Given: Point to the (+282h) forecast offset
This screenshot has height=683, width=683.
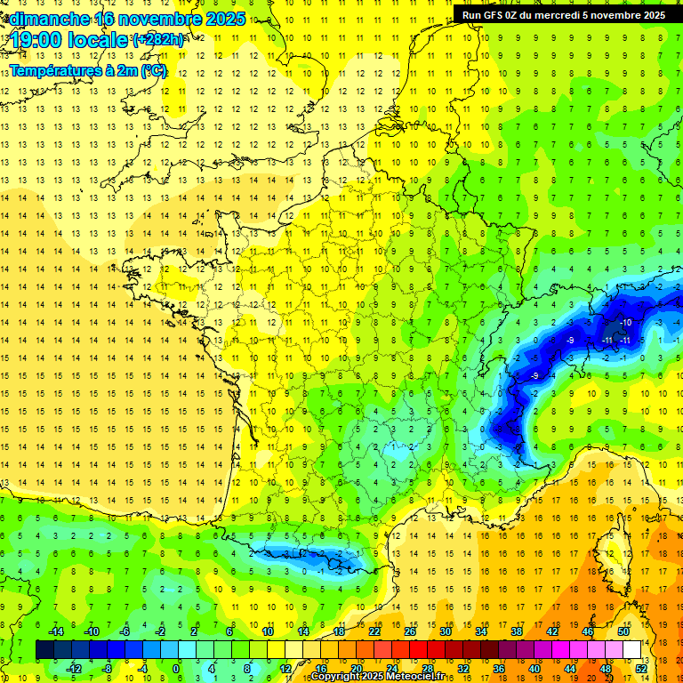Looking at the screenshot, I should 158,39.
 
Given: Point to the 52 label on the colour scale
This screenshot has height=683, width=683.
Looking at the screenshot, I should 641,669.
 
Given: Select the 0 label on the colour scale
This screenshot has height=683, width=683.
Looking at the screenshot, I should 175,669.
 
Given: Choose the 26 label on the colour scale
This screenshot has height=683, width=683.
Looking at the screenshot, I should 410,631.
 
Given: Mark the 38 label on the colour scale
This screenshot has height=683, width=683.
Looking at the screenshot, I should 517,631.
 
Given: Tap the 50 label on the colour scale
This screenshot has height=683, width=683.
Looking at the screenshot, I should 623,631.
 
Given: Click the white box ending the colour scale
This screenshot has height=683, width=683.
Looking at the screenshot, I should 632,650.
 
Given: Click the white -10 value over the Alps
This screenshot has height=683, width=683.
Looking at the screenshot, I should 626,322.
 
